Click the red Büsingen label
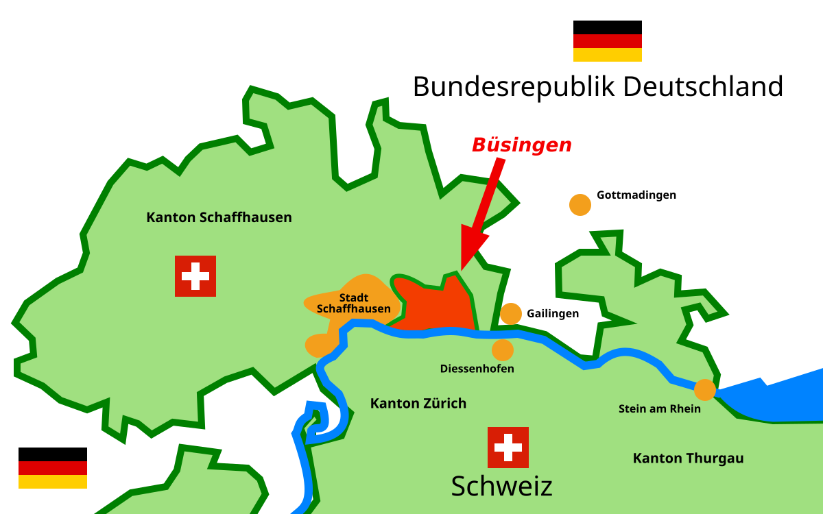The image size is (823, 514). coord(521,145)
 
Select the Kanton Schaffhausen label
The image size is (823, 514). coord(219,217)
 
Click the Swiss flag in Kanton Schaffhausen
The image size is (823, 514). coord(195,276)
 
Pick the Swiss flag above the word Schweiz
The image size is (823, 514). coord(508,448)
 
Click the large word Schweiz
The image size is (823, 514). coord(501,486)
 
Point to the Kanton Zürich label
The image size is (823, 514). coord(418,403)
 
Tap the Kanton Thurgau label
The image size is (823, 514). coord(688,458)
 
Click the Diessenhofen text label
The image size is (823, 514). coord(477,369)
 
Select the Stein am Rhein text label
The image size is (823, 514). coord(659,408)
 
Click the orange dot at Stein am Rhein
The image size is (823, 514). coord(704,390)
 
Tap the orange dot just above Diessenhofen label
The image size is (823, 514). coord(503,350)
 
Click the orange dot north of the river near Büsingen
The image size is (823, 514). coord(511,314)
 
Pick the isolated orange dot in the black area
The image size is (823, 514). coord(580,205)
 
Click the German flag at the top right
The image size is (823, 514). coord(607,48)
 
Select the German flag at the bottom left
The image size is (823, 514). coord(53,475)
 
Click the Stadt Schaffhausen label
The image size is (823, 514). coord(353,303)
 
